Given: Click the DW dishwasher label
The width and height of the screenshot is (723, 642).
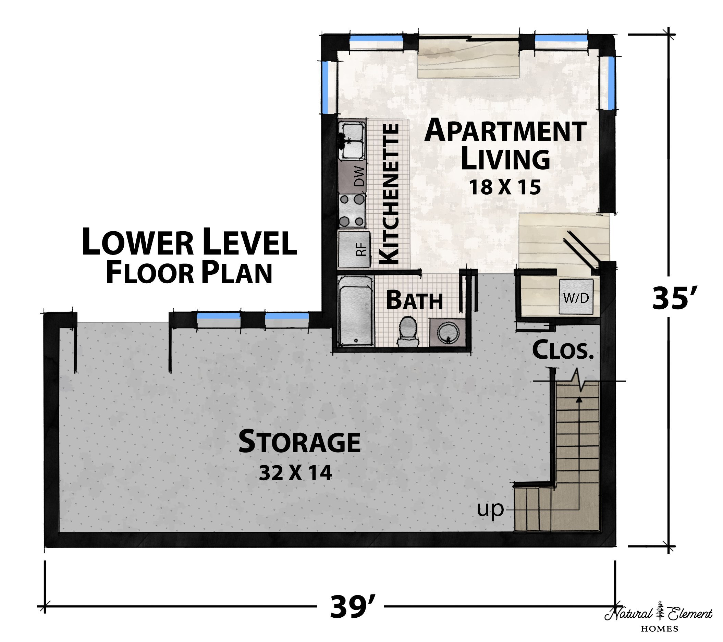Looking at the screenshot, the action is pyautogui.click(x=359, y=176).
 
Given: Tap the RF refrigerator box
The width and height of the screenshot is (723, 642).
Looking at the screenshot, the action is pyautogui.click(x=354, y=249).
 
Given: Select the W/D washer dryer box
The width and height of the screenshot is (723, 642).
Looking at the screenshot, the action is pyautogui.click(x=576, y=296).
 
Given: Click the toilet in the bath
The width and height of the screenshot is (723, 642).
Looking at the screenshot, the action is pyautogui.click(x=408, y=331).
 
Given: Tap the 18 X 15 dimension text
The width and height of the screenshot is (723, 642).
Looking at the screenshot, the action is pyautogui.click(x=505, y=187).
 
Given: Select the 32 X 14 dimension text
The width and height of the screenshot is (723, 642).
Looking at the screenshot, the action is pyautogui.click(x=295, y=472).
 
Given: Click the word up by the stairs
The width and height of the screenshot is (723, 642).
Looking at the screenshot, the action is pyautogui.click(x=490, y=510).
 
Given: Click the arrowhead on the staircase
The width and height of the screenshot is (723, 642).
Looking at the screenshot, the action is pyautogui.click(x=579, y=400).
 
